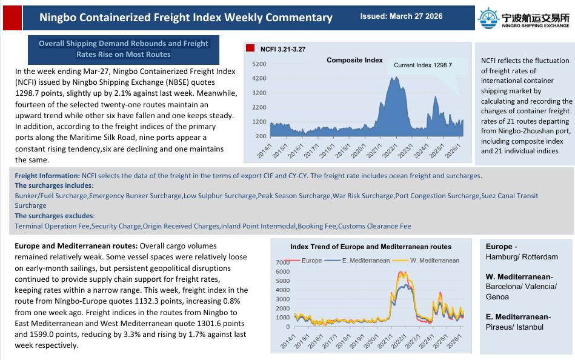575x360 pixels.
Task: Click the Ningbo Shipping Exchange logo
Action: (523, 18)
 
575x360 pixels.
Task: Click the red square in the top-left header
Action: (12, 18)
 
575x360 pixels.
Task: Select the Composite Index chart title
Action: (354, 60)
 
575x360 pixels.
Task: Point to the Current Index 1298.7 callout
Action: (422, 65)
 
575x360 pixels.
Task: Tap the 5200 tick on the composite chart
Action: (259, 64)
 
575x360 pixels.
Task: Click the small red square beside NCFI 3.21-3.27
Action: (250, 48)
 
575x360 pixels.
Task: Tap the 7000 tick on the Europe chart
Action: (283, 262)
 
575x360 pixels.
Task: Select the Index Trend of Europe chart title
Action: (370, 247)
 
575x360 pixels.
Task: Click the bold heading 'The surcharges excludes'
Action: (54, 216)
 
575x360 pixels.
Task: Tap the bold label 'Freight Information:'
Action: (47, 176)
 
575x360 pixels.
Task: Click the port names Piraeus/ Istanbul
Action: (514, 327)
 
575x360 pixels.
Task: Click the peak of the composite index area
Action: (394, 78)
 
